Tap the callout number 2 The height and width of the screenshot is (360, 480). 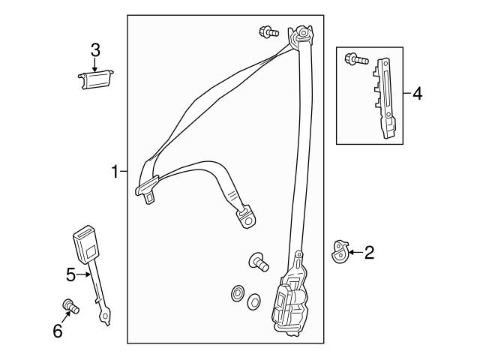(368, 253)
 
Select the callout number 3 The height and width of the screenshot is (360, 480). (95, 50)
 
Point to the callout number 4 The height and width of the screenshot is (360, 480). (417, 94)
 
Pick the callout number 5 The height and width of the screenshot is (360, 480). (70, 275)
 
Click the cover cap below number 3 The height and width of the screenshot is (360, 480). (95, 78)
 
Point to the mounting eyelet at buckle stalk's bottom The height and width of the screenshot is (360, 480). (106, 319)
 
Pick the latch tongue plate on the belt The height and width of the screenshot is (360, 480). (146, 187)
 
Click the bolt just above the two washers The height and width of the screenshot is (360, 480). (259, 262)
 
